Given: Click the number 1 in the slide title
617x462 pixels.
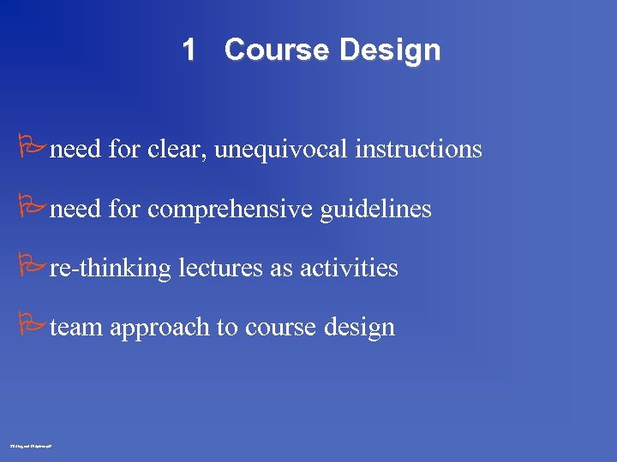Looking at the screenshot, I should click(x=189, y=50).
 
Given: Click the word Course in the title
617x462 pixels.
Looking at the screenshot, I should click(x=276, y=50).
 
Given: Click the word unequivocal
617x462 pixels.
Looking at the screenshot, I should click(x=281, y=151).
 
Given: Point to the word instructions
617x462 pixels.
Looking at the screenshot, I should click(x=418, y=150).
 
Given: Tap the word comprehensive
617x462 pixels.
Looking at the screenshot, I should click(x=230, y=210).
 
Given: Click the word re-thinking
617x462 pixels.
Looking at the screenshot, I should click(x=111, y=269).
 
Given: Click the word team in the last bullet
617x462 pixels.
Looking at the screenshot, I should click(x=77, y=327).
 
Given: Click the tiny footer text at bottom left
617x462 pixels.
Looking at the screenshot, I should click(x=31, y=446).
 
